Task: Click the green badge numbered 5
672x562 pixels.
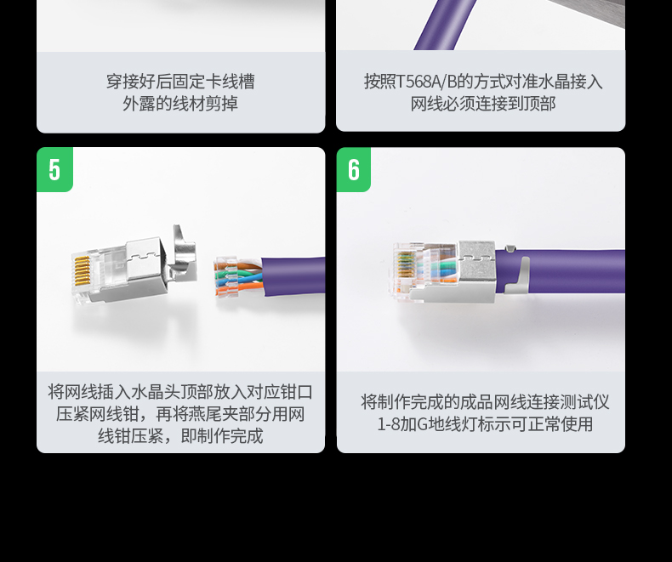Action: click(54, 169)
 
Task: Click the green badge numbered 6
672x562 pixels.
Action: click(354, 169)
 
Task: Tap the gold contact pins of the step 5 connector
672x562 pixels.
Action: click(82, 270)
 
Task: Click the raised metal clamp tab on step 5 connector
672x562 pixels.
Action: click(183, 253)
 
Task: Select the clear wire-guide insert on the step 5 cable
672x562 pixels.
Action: click(226, 277)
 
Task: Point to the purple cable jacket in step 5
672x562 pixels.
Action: click(293, 276)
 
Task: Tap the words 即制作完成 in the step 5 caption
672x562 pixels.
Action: click(222, 435)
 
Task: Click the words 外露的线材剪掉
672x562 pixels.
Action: click(180, 103)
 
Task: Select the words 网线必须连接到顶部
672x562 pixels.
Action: click(483, 104)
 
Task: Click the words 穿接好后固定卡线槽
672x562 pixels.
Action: click(180, 82)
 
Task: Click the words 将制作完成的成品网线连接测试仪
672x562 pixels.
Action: click(485, 402)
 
